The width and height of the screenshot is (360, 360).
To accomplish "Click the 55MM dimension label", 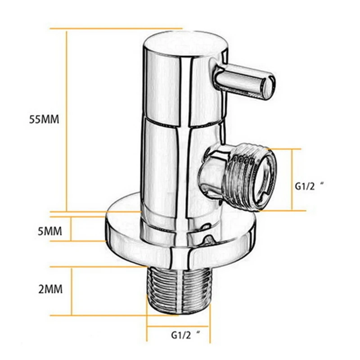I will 44,120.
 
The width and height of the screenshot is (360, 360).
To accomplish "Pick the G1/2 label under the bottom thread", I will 184,334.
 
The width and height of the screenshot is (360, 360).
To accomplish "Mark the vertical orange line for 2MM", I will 72,291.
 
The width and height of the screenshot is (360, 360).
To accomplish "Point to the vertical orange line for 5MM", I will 72,229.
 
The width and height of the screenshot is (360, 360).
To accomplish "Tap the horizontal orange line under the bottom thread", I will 180,327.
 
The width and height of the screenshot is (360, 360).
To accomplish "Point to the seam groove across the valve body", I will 180,124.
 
